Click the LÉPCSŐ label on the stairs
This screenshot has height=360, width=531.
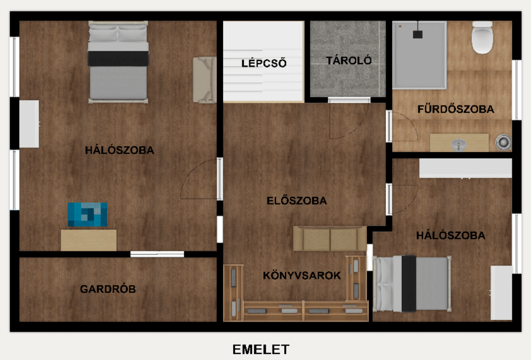[263, 64]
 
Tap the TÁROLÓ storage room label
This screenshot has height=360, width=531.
[349, 61]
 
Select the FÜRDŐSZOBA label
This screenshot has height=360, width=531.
[455, 109]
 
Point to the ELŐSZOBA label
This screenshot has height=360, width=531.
[297, 200]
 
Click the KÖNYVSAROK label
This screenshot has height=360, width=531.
[302, 276]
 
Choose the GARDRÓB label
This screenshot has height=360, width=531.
[108, 289]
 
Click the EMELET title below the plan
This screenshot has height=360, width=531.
[260, 349]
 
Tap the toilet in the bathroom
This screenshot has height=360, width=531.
[482, 37]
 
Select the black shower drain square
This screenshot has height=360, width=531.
[417, 34]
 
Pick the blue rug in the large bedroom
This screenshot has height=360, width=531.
[87, 214]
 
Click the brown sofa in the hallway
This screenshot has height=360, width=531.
[330, 238]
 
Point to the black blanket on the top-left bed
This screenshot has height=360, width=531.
[119, 59]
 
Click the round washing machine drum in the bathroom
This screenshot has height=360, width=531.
[503, 142]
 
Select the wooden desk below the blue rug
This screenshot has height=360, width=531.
[89, 240]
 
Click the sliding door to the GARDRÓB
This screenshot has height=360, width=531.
[157, 254]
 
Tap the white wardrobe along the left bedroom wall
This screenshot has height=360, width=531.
[29, 124]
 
